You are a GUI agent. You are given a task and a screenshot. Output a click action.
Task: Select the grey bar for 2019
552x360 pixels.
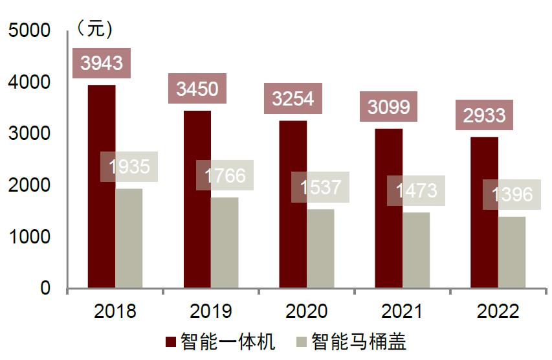click(225, 243)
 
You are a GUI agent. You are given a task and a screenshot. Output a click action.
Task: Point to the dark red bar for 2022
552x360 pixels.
click(485, 214)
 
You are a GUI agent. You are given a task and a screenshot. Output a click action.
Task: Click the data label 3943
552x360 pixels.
click(102, 63)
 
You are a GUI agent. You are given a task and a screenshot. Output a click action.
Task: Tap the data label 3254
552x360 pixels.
click(293, 98)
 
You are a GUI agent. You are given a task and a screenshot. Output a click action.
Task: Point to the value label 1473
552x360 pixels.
click(415, 190)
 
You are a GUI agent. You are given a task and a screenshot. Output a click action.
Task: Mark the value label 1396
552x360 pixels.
click(512, 194)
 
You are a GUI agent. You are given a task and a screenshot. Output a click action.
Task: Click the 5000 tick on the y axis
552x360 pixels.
click(28, 31)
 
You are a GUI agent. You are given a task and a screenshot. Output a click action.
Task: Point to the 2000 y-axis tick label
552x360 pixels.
click(28, 186)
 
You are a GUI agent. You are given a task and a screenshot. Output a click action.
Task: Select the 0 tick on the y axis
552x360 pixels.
click(45, 289)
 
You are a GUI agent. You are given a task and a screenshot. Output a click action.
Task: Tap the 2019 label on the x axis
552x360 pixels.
click(211, 312)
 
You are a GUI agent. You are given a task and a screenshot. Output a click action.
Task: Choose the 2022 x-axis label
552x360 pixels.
click(498, 312)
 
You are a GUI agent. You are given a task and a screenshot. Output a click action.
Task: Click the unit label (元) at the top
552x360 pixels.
click(94, 29)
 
